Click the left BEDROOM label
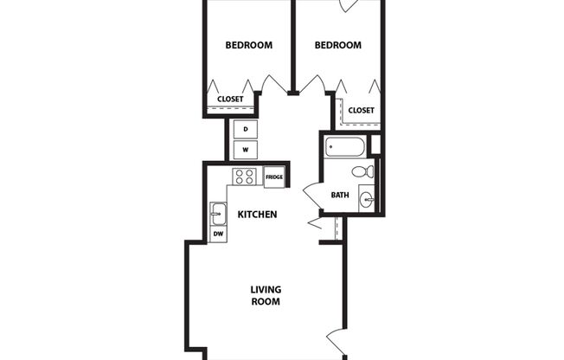(249, 46)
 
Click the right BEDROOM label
(337, 46)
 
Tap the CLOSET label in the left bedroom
(230, 99)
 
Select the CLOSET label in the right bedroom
(361, 110)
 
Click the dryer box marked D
(246, 129)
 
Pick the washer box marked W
(246, 150)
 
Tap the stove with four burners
(244, 177)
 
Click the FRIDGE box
(274, 177)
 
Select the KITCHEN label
(257, 214)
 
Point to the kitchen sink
(218, 212)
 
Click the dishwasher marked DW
(218, 234)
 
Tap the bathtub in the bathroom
(346, 146)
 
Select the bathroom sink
(367, 200)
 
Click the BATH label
(341, 195)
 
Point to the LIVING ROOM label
(265, 295)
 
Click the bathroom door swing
(311, 195)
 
